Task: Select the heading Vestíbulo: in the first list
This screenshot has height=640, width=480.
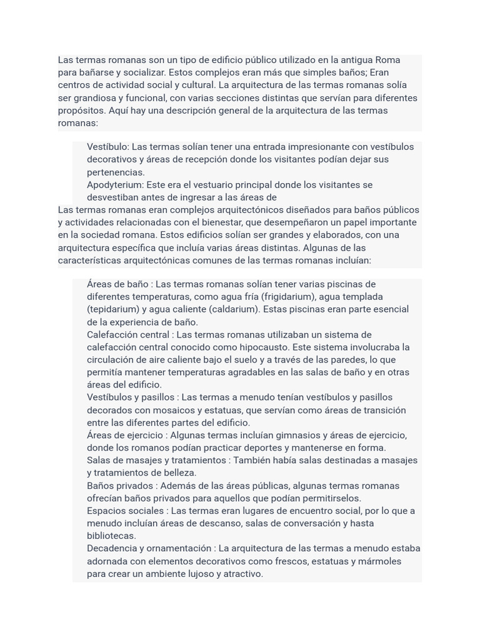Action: (108, 147)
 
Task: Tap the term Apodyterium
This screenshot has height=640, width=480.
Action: (115, 185)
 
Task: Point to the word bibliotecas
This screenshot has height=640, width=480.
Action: (111, 536)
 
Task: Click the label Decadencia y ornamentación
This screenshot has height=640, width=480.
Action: (149, 548)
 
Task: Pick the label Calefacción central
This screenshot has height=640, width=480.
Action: (128, 334)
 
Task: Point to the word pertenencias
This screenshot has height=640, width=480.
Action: (116, 172)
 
